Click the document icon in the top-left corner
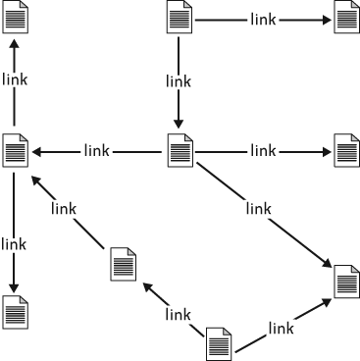[x=16, y=17]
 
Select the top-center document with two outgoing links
[x=180, y=17]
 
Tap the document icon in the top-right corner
[x=346, y=17]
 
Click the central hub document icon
[x=180, y=150]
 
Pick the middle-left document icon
[x=16, y=150]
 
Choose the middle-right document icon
[x=346, y=150]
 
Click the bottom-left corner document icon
[x=16, y=312]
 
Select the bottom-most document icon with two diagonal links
[x=219, y=344]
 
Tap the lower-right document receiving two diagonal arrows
[x=346, y=282]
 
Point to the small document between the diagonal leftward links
[x=124, y=264]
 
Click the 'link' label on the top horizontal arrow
[x=263, y=20]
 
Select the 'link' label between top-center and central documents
[x=179, y=81]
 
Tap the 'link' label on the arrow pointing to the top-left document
[x=15, y=79]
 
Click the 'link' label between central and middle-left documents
[x=96, y=151]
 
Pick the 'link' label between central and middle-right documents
[x=263, y=151]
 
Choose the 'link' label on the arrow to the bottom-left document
[x=14, y=244]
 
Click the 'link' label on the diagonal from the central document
[x=258, y=208]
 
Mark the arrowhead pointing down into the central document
[x=179, y=125]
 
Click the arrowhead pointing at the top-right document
[x=328, y=20]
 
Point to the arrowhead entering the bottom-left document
[x=14, y=288]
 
